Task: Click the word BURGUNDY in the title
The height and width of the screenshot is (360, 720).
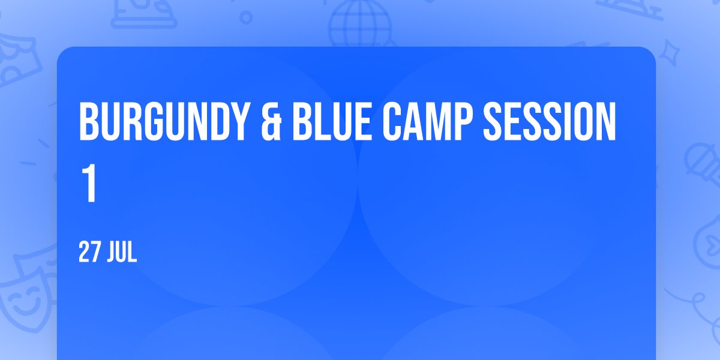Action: pyautogui.click(x=164, y=121)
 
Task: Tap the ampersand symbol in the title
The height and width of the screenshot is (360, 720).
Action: pyautogui.click(x=271, y=121)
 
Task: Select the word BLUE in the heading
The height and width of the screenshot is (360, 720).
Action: pyautogui.click(x=332, y=121)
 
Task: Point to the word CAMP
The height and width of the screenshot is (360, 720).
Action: pyautogui.click(x=427, y=121)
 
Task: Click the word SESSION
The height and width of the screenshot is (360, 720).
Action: pyautogui.click(x=550, y=121)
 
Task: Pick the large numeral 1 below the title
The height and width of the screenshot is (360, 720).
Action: pyautogui.click(x=89, y=183)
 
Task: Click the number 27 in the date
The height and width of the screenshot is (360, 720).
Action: pyautogui.click(x=90, y=253)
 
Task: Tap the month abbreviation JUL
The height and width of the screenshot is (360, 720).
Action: pyautogui.click(x=122, y=253)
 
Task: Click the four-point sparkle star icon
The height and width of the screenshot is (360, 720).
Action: pyautogui.click(x=669, y=53)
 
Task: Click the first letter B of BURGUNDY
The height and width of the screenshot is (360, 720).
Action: pyautogui.click(x=89, y=121)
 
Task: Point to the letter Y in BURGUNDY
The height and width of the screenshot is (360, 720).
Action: pyautogui.click(x=241, y=121)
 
